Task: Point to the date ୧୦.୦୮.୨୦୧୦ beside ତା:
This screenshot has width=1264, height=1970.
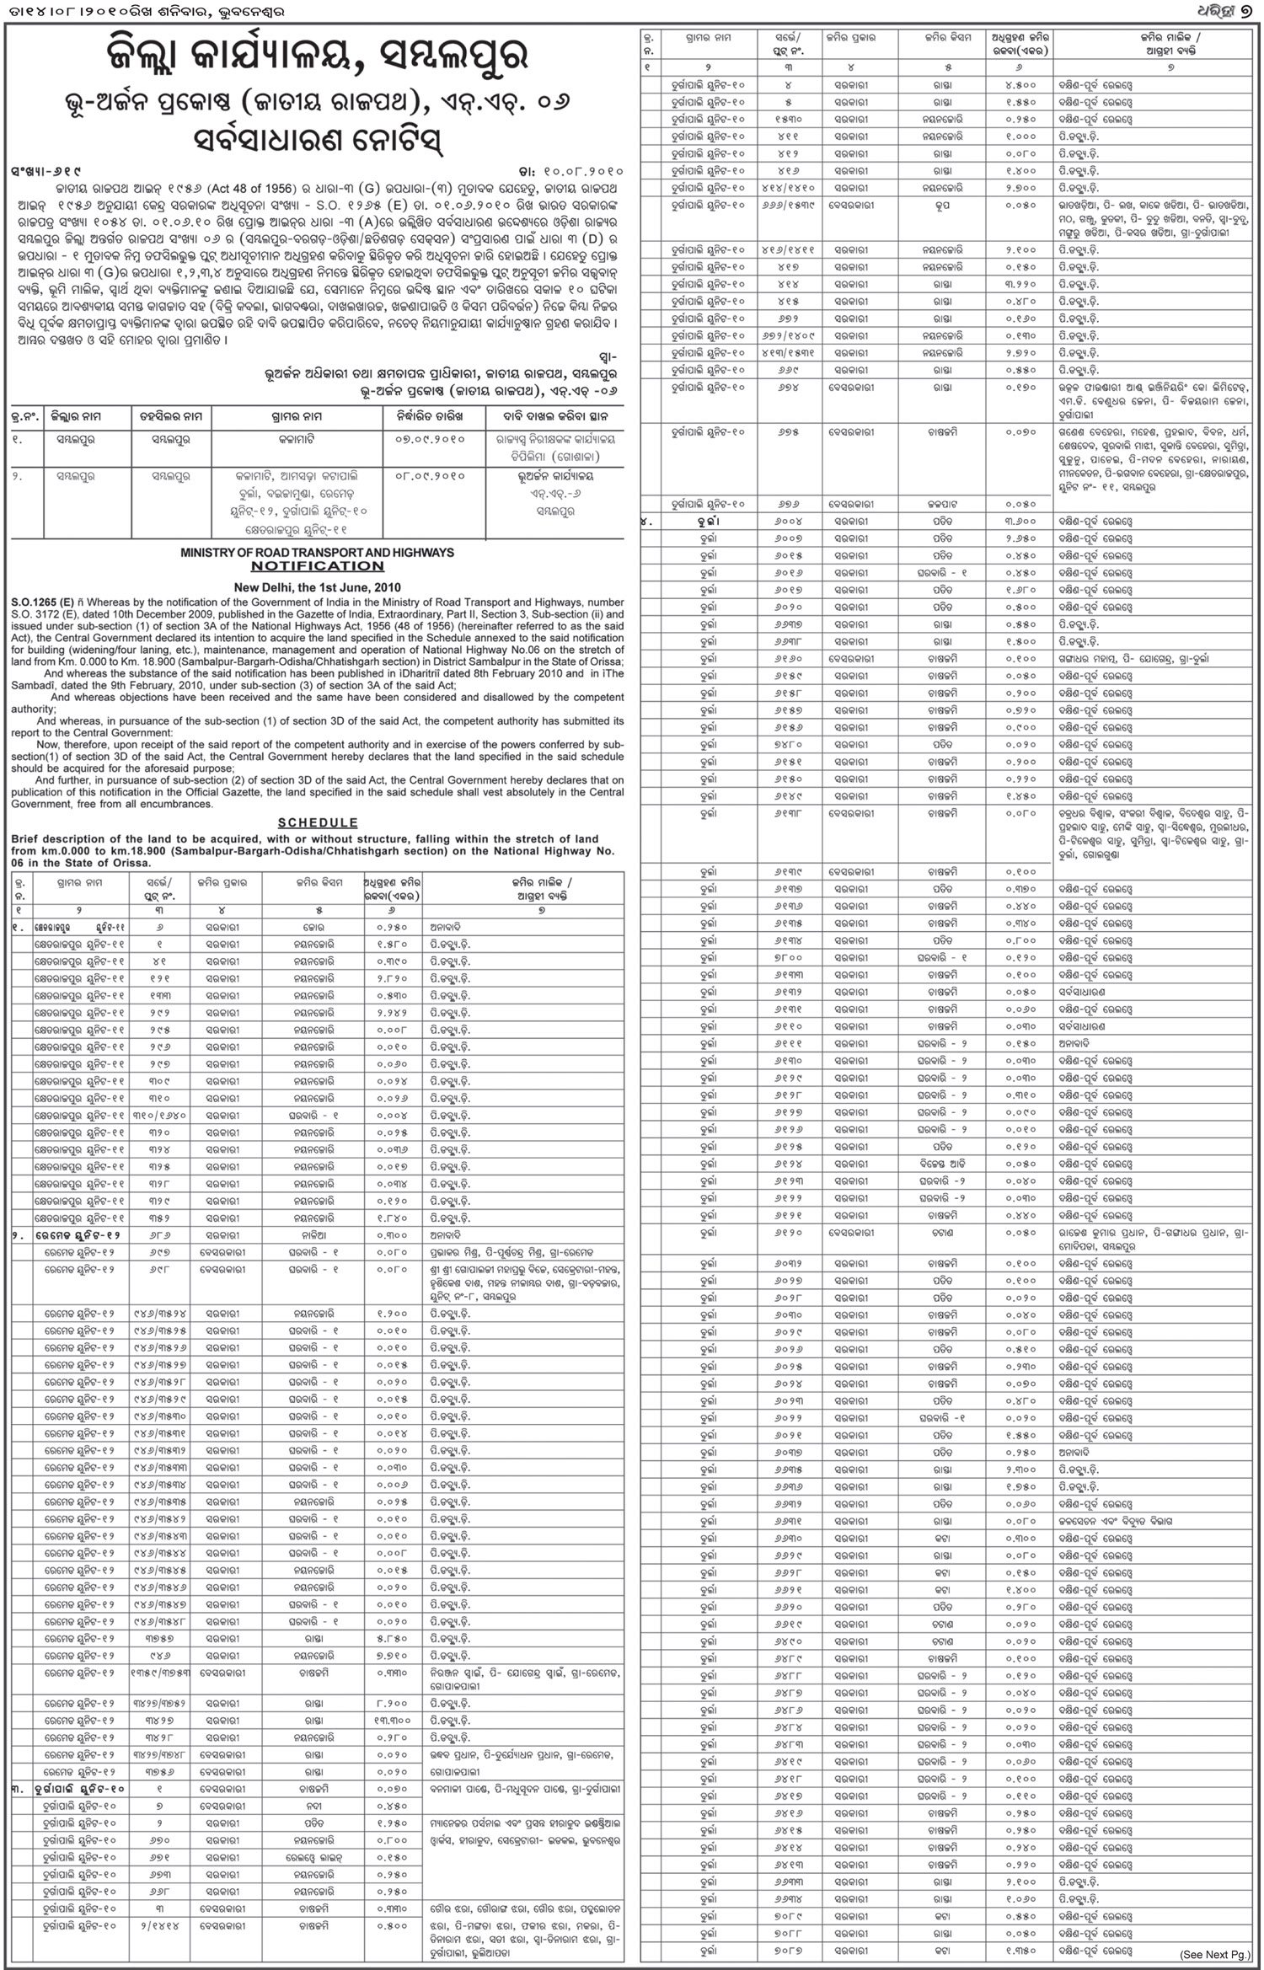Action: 581,170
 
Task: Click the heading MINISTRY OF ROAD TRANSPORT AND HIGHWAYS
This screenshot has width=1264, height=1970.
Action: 317,553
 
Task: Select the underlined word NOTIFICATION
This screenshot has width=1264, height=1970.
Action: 317,566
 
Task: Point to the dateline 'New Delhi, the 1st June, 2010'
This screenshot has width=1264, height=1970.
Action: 317,587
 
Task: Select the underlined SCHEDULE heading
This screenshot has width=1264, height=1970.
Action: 317,822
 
